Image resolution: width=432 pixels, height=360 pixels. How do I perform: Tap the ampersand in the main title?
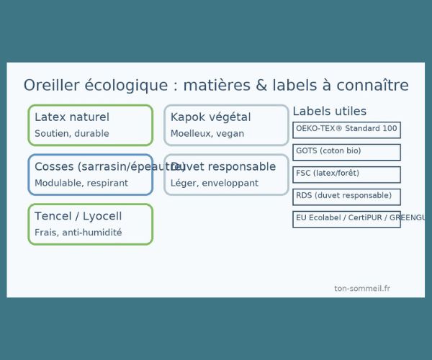tap(263, 85)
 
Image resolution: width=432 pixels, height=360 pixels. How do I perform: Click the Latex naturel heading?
tap(72, 117)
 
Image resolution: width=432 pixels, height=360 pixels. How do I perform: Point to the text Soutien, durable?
tap(72, 133)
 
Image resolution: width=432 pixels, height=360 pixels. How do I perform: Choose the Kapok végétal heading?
tap(210, 117)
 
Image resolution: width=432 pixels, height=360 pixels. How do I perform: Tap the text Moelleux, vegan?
tap(207, 133)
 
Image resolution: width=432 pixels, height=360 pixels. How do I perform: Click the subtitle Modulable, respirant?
tap(81, 183)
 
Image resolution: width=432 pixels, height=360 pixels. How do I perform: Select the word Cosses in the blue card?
tap(55, 166)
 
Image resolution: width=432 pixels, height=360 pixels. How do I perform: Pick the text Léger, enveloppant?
tap(215, 183)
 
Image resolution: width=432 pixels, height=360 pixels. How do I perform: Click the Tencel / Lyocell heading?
tap(78, 216)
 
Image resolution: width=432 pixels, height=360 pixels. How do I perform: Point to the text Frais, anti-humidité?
tap(78, 233)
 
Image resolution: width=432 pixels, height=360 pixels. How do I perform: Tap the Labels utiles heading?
tap(329, 112)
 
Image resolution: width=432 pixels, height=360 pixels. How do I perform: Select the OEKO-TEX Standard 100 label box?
tap(346, 130)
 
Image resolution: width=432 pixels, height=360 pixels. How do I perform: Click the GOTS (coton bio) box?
tap(346, 152)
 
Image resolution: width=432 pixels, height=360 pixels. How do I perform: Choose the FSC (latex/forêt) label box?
tap(346, 174)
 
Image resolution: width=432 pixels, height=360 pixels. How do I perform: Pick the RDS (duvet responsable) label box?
tap(346, 197)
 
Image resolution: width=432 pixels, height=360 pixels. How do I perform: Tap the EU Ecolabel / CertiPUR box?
tap(346, 219)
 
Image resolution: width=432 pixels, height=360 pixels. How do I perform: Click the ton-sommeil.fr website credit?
tap(362, 288)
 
